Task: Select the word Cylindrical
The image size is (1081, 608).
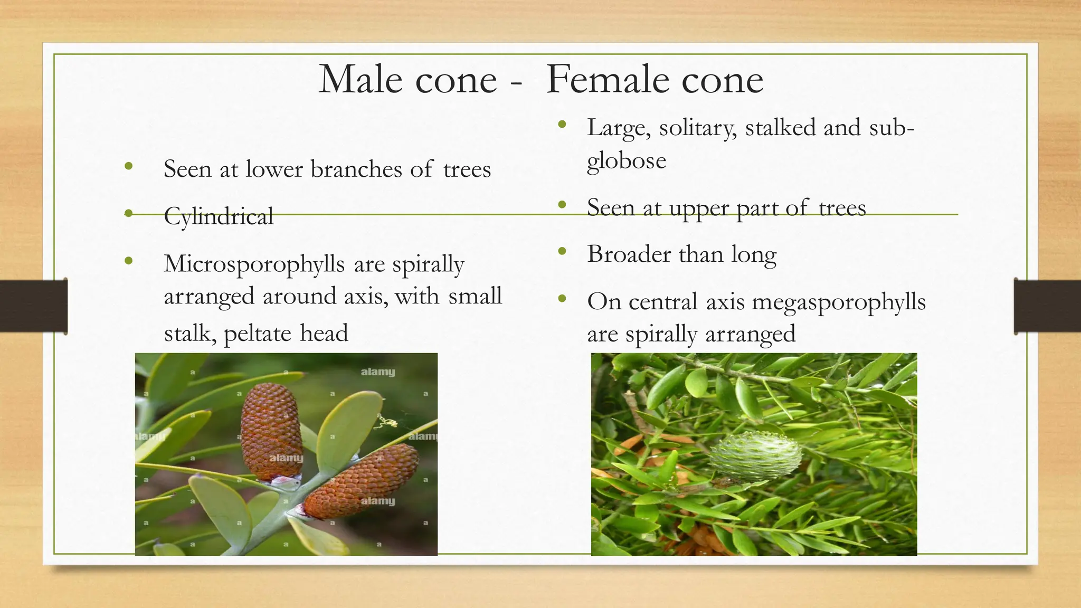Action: pyautogui.click(x=219, y=216)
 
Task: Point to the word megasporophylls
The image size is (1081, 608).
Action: pyautogui.click(x=839, y=303)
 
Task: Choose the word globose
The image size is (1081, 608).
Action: pyautogui.click(x=626, y=161)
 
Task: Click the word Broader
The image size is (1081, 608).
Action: pyautogui.click(x=629, y=254)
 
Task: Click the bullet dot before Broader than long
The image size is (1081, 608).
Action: pyautogui.click(x=562, y=252)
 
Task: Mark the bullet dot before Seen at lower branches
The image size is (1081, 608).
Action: pyautogui.click(x=128, y=167)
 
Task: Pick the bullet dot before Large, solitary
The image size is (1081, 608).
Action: pyautogui.click(x=562, y=126)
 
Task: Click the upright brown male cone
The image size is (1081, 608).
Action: pyautogui.click(x=271, y=432)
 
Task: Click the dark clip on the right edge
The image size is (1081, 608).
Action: pyautogui.click(x=1047, y=306)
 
